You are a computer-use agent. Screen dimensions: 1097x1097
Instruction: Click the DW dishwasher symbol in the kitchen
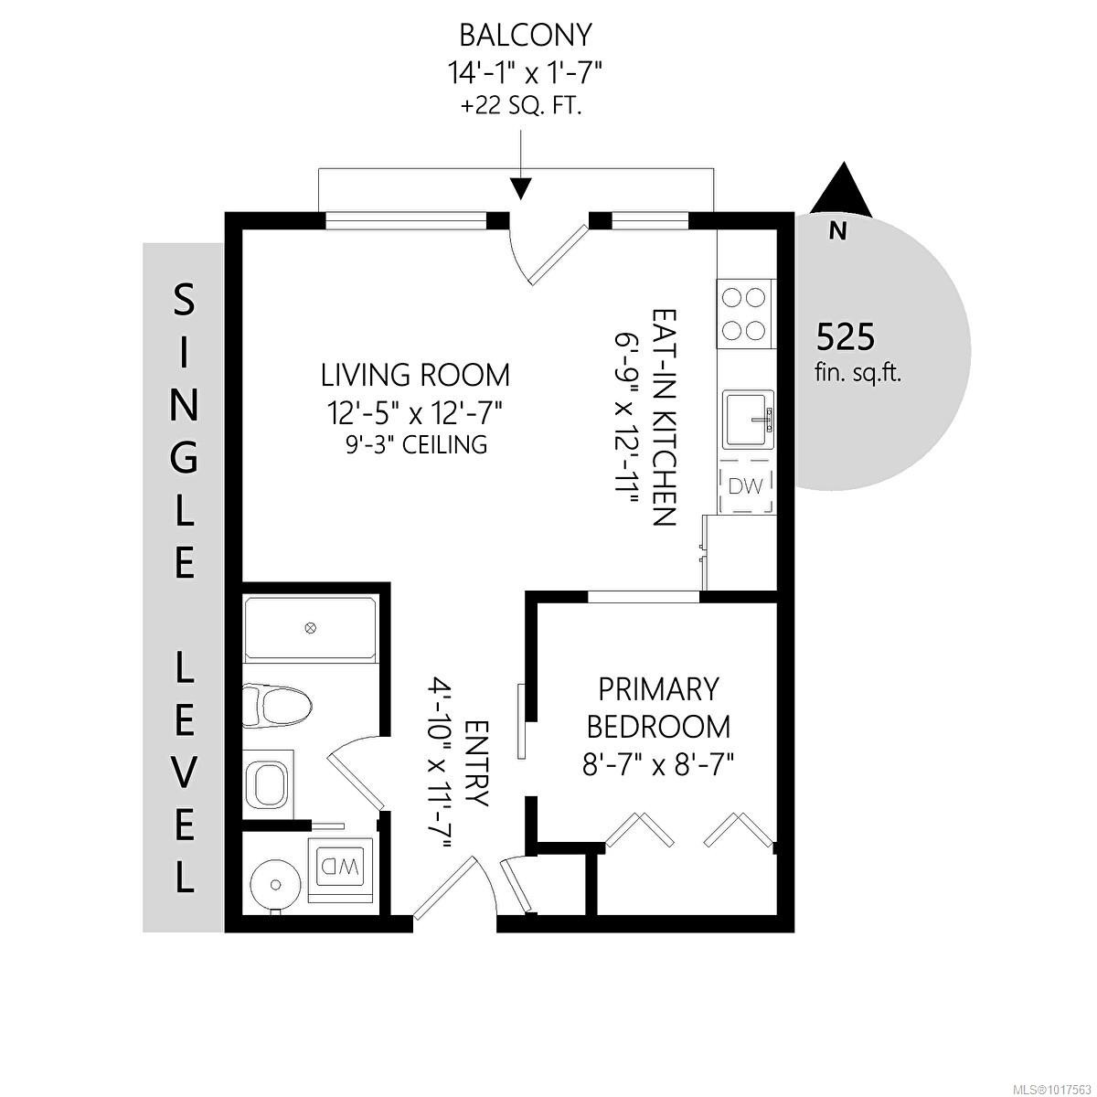tap(745, 487)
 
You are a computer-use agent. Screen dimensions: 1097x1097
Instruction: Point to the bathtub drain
tap(311, 628)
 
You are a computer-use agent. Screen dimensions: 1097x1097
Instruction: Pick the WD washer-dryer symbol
tap(339, 864)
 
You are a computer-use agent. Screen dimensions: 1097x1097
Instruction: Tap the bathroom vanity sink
tap(267, 783)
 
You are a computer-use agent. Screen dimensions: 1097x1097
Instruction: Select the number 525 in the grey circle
tap(845, 338)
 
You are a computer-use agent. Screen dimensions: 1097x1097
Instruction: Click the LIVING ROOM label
tap(415, 375)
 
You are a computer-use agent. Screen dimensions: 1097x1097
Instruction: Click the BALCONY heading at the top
tap(525, 36)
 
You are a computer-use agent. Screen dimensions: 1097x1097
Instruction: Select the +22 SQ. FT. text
tap(521, 106)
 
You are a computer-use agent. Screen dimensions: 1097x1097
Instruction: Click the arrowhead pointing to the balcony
tap(521, 187)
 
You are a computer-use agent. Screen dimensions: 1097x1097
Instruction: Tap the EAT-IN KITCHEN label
tap(663, 417)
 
